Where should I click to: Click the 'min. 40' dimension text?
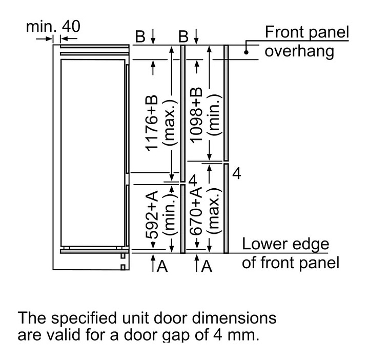pos(53,27)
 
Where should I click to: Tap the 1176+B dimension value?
pos(151,123)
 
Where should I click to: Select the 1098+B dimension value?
pos(196,115)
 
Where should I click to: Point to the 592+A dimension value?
pos(151,215)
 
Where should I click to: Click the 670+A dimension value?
pos(196,211)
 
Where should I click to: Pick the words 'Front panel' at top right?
pos(307,32)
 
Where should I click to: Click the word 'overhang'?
pos(299,52)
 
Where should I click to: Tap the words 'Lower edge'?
pos(285,244)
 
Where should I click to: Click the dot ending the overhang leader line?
pos(246,52)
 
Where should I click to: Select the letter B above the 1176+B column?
pos(140,37)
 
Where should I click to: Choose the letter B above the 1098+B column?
pos(183,37)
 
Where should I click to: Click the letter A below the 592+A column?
pos(162,266)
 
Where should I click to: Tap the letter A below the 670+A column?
pos(207,266)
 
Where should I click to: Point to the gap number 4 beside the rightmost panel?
pos(237,174)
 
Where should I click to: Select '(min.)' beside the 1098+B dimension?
pos(214,115)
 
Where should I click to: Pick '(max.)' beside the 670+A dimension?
pos(214,211)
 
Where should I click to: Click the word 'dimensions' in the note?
pos(234,318)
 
